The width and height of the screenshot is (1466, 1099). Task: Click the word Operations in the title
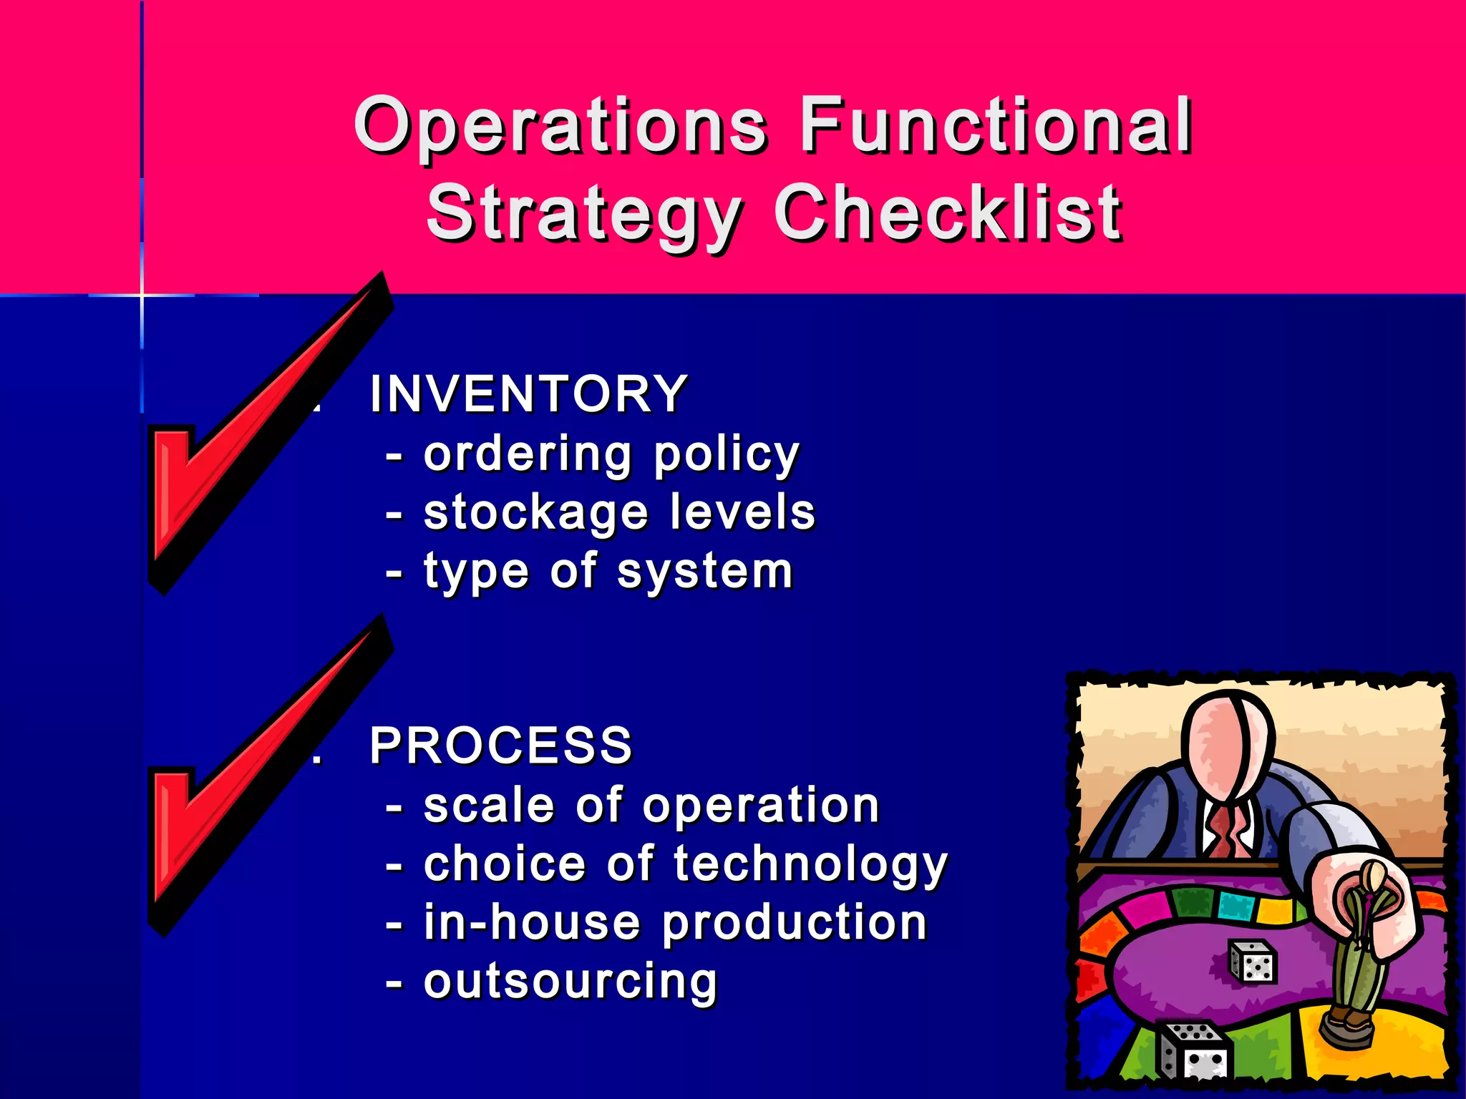coord(560,127)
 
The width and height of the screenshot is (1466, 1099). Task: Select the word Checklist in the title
coord(948,213)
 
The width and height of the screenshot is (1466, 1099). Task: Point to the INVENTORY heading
coord(528,394)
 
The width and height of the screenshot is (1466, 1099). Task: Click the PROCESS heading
coord(501,746)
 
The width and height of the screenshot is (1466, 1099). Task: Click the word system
coord(705,572)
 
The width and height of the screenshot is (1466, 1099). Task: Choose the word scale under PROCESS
coord(488,806)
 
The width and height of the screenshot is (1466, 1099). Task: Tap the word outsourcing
coord(570,982)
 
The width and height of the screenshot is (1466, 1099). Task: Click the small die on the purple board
coord(1253,962)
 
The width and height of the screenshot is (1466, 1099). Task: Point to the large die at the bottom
coord(1192,1052)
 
